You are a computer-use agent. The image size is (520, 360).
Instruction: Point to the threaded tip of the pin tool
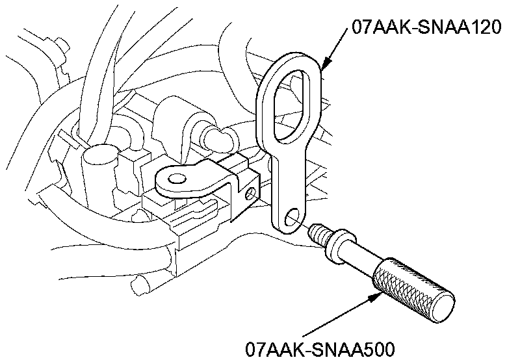tap(318, 231)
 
